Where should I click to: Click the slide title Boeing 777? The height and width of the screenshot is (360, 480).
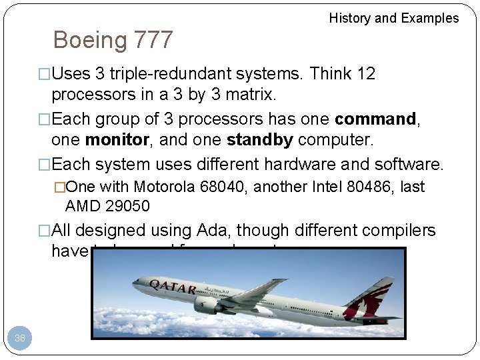(x=113, y=40)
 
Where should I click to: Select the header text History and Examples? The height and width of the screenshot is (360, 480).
(x=394, y=18)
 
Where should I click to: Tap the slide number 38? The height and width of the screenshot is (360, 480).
(x=20, y=338)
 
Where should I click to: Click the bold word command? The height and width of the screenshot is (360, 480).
(x=375, y=119)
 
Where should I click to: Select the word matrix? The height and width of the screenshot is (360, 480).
(x=249, y=95)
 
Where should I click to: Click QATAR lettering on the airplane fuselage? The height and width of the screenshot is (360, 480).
(x=172, y=287)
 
